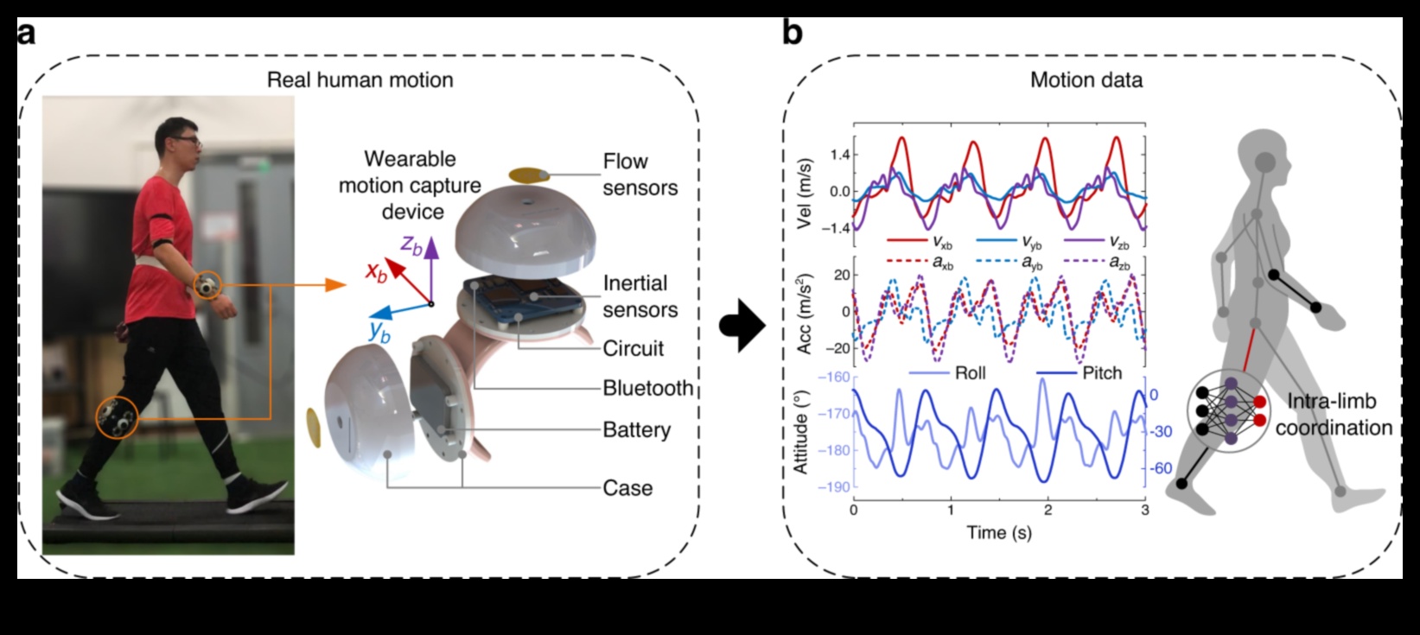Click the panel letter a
click(27, 34)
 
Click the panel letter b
click(792, 34)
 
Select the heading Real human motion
click(360, 80)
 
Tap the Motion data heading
click(1086, 80)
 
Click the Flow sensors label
click(639, 175)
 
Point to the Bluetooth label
click(647, 388)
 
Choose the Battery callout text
click(636, 429)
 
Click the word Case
click(627, 488)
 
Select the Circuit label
click(634, 349)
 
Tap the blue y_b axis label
click(379, 329)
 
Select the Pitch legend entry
click(1102, 373)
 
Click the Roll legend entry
click(970, 373)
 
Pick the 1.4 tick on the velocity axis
click(839, 155)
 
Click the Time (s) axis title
click(998, 532)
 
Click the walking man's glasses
click(191, 140)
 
